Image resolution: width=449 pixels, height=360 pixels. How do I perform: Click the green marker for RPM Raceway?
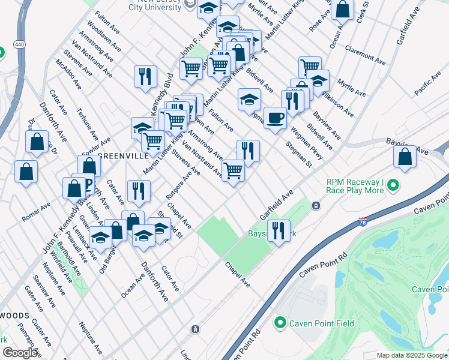pos(393,186)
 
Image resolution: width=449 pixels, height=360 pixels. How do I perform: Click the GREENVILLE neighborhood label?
pos(123,155)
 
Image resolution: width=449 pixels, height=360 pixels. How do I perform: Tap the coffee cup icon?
pos(275,117)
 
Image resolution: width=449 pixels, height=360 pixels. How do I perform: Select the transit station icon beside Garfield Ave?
pos(316,206)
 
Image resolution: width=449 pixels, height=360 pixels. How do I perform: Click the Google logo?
pos(20,352)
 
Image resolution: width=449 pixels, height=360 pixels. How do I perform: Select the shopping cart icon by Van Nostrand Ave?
pos(233,171)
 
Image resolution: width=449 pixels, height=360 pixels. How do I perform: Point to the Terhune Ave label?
pos(88,124)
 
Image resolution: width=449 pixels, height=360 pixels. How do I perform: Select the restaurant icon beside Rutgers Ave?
pos(139,191)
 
